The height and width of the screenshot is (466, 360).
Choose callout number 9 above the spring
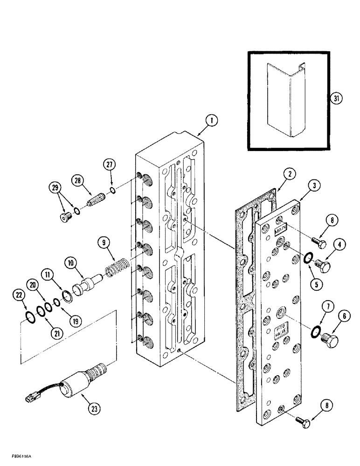pos(104,242)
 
